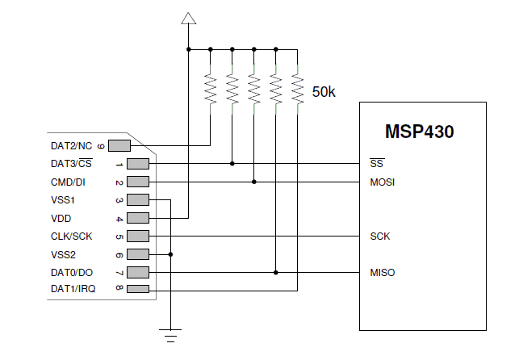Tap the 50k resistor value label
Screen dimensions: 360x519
point(323,92)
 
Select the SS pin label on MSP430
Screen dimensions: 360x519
point(375,164)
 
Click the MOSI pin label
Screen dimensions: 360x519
point(382,182)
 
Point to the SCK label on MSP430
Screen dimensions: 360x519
point(380,237)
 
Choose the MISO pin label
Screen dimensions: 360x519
point(382,273)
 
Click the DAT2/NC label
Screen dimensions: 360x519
point(72,146)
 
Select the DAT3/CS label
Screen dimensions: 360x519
point(72,164)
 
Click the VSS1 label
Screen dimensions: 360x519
point(63,200)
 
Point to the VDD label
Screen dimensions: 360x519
point(61,218)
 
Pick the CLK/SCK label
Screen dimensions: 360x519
point(72,237)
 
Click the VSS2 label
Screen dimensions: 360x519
point(63,254)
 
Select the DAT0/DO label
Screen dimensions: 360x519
point(72,273)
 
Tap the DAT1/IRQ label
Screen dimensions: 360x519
point(73,289)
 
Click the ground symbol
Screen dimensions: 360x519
point(170,333)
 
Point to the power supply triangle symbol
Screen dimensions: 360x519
point(188,18)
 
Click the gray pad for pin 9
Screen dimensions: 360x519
point(119,146)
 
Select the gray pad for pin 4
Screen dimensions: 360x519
point(138,218)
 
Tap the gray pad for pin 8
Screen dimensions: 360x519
point(138,289)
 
